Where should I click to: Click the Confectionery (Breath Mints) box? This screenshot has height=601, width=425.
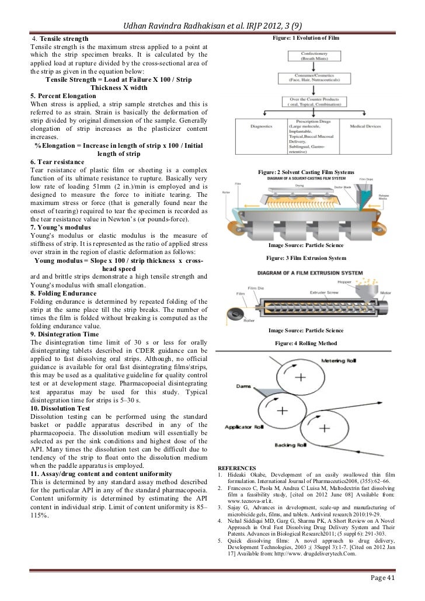[313, 56]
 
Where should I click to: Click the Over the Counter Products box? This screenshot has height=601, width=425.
[313, 104]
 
